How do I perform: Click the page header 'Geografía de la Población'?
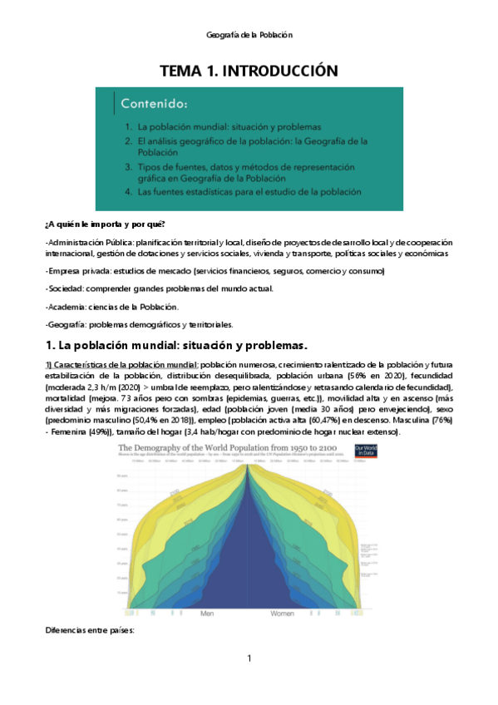pos(249,35)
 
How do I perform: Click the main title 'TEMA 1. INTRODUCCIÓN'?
pos(249,71)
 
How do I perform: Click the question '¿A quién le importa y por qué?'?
pos(105,225)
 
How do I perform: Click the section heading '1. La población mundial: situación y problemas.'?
pos(177,345)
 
